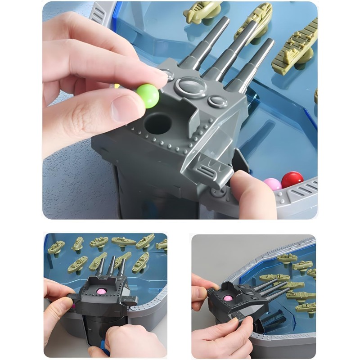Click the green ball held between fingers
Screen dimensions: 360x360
(x=148, y=96)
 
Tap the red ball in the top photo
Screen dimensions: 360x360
(x=292, y=180)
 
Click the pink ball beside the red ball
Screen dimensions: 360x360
(x=272, y=184)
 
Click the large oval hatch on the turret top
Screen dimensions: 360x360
(x=191, y=86)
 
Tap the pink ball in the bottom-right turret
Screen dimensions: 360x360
(x=228, y=298)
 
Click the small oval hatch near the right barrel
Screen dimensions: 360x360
(x=217, y=101)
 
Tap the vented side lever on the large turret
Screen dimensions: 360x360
(x=211, y=173)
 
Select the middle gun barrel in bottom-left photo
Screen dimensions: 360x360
(x=111, y=265)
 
